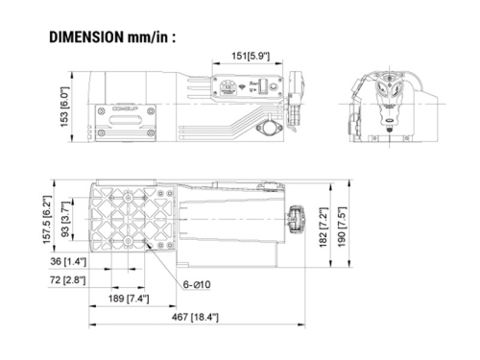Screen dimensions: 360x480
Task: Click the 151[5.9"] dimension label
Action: click(x=248, y=57)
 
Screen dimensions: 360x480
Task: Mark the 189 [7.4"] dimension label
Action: click(x=141, y=300)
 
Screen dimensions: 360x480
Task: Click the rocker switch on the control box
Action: click(x=257, y=87)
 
